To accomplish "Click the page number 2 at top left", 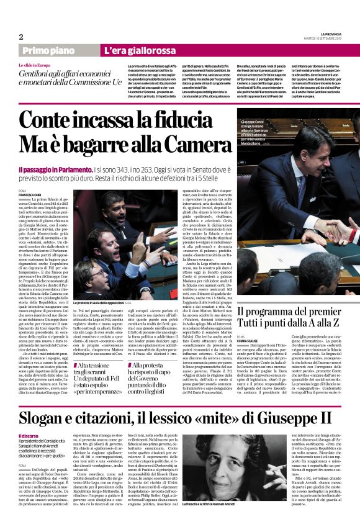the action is [x=21, y=37].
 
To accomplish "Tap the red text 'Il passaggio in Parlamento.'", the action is [x=55, y=169].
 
